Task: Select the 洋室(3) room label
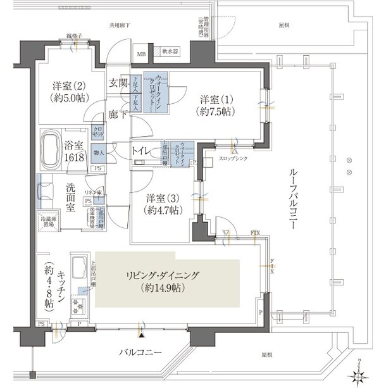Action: pyautogui.click(x=162, y=203)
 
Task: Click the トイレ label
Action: pyautogui.click(x=140, y=151)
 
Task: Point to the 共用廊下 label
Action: pyautogui.click(x=121, y=26)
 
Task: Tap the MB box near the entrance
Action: pyautogui.click(x=141, y=54)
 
